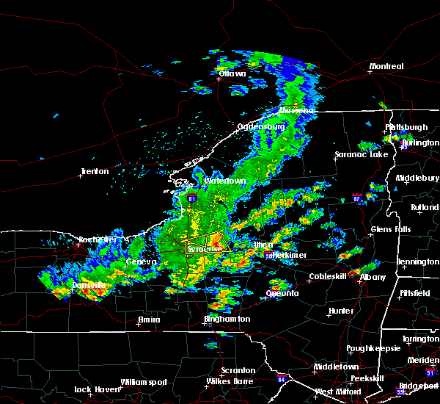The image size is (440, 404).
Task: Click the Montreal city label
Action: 386,67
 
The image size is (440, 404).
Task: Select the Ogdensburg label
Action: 260,126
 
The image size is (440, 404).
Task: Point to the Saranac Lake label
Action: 362,155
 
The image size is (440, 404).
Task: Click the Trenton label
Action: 95,172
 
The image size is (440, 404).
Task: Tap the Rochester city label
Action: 98,240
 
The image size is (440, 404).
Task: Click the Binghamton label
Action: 227,320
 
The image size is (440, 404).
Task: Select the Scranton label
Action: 238,371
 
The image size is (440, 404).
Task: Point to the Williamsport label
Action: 144,382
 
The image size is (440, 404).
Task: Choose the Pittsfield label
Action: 414,293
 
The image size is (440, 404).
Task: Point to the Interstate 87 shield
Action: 356,198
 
